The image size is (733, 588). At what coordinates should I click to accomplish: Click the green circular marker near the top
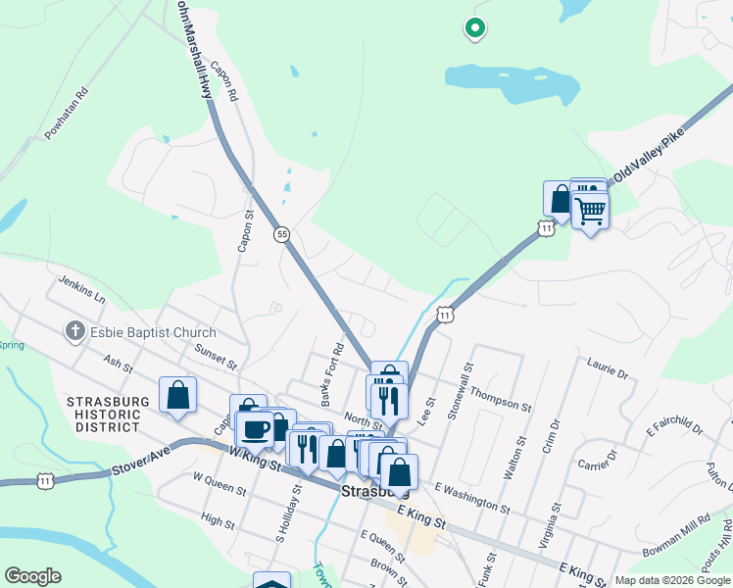(475, 29)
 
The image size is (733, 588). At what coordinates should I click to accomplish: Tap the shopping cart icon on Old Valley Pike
(590, 209)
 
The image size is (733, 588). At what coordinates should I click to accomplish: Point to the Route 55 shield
(282, 234)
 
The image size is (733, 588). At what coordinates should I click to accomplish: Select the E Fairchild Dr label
(675, 425)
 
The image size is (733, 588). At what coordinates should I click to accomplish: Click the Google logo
(32, 576)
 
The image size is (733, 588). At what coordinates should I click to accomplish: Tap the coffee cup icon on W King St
(255, 428)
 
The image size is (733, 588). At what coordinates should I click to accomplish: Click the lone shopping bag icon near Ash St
(177, 395)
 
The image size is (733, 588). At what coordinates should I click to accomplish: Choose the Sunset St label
(216, 355)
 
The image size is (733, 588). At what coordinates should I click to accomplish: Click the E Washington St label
(472, 499)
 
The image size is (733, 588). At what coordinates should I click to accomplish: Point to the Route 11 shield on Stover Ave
(43, 480)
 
